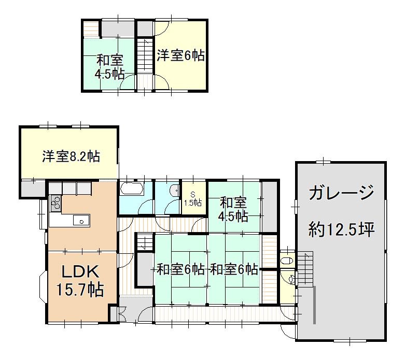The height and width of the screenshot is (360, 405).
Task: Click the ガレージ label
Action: [x=341, y=193]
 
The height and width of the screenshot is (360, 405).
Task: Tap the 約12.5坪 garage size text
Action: [x=341, y=229]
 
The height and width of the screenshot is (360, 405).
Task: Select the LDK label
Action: [x=80, y=271]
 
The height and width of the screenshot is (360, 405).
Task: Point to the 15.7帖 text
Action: [x=80, y=290]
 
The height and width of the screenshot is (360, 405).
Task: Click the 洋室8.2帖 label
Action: [x=71, y=156]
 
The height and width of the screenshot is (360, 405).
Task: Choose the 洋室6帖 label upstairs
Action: [x=181, y=55]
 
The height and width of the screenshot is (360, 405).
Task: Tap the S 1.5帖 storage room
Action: [x=193, y=199]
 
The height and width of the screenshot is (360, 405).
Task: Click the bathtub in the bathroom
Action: [x=132, y=189]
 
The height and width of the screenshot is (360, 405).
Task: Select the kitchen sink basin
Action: [x=81, y=221]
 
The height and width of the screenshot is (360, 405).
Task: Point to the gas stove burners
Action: [x=55, y=203]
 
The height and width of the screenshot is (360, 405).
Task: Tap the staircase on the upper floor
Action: [x=145, y=55]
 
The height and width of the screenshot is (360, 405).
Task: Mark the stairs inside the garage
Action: [x=305, y=269]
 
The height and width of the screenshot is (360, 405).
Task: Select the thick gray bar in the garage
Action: [x=315, y=305]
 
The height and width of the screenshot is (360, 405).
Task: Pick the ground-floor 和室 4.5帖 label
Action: [x=233, y=210]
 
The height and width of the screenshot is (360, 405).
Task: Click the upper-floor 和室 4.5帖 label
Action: [x=109, y=67]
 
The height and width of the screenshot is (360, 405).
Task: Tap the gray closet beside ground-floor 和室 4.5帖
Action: [x=269, y=207]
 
